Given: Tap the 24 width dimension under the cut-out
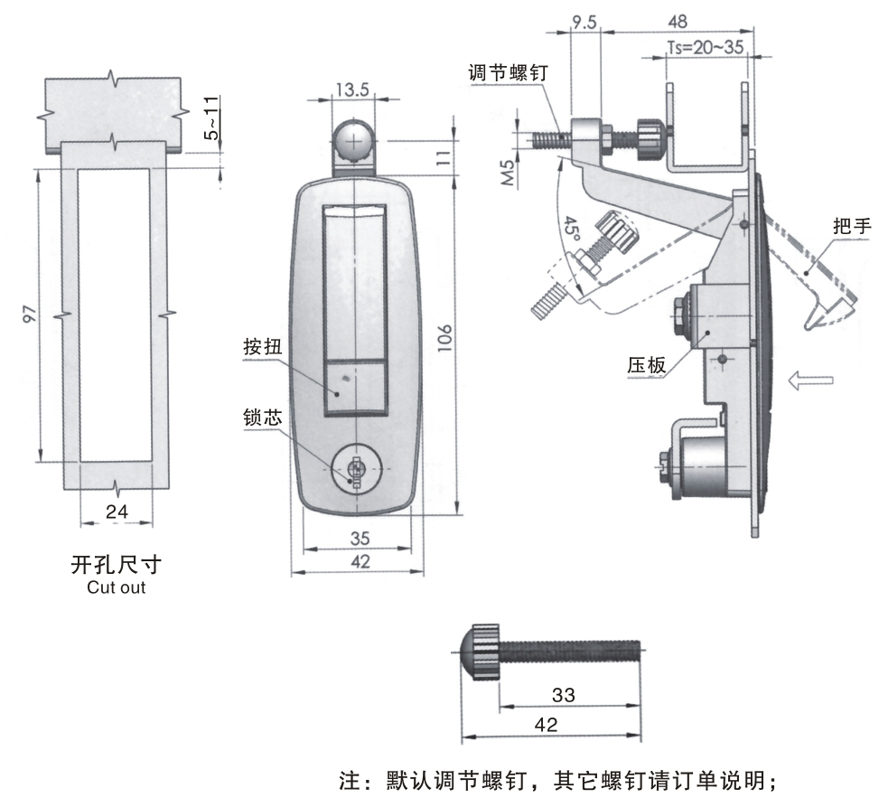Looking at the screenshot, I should pos(117,512).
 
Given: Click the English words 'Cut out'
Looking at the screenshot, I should pos(116,587).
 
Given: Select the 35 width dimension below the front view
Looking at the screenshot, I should pos(359,538).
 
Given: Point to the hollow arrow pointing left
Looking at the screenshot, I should pos(810,380).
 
